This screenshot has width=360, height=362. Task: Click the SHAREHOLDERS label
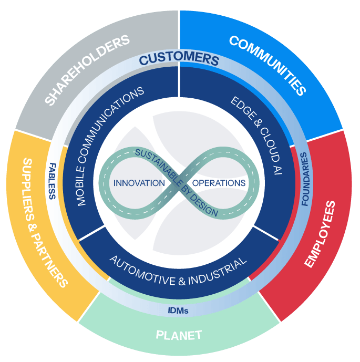tap(87, 69)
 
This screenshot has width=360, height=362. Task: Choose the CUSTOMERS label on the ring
tap(179, 58)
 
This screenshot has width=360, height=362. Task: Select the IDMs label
tap(178, 311)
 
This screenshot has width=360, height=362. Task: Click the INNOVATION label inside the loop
tap(139, 183)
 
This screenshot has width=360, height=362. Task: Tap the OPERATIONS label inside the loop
tap(219, 183)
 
